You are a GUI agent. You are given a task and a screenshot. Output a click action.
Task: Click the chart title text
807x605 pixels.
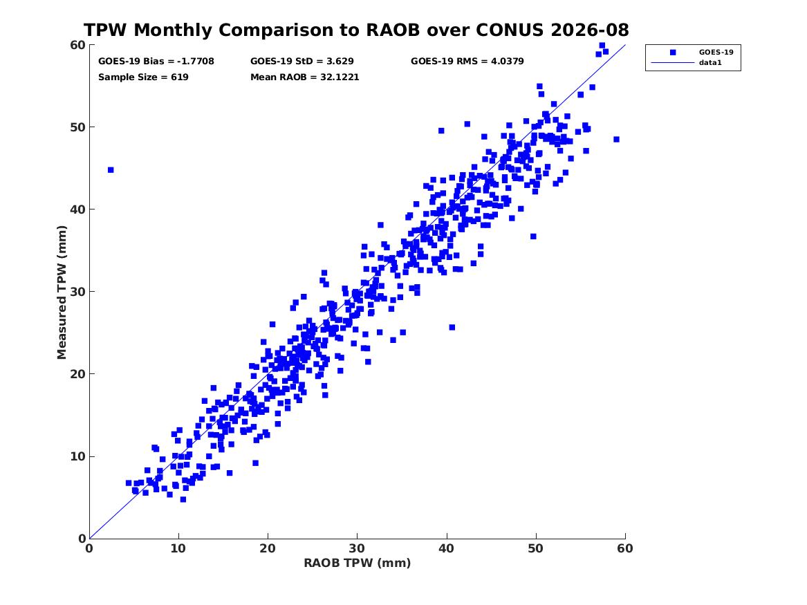pos(356,30)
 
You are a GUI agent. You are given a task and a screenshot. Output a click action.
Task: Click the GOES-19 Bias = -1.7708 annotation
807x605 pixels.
pos(156,62)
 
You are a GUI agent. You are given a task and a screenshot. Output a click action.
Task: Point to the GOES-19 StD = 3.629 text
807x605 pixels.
pos(302,62)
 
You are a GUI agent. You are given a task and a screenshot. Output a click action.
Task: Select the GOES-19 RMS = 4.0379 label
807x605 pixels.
pos(467,62)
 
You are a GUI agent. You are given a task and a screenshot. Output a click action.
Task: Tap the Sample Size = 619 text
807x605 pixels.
pos(143,77)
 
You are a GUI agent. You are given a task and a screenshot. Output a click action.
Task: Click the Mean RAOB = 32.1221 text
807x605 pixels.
pos(305,77)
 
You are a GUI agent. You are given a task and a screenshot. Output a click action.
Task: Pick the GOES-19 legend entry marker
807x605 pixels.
pos(673,52)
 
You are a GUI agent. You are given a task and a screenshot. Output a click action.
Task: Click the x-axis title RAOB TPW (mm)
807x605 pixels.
pos(358,563)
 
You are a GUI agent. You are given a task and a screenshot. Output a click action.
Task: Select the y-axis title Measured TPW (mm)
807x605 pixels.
pos(62,292)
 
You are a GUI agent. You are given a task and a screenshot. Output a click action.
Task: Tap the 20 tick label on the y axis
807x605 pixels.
pos(77,374)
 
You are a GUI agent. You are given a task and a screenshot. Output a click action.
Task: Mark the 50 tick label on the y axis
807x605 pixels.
pos(77,127)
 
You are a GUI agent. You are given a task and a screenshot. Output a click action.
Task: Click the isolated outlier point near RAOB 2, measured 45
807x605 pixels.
pos(111,170)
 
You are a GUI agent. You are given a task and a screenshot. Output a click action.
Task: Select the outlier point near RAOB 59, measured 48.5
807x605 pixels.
pos(617,140)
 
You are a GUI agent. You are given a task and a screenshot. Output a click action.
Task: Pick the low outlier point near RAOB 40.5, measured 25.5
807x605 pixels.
pos(452,327)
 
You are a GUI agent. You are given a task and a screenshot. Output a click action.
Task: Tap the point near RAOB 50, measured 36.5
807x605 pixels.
pos(533,236)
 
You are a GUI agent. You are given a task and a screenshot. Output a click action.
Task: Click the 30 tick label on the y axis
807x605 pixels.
pos(77,292)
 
